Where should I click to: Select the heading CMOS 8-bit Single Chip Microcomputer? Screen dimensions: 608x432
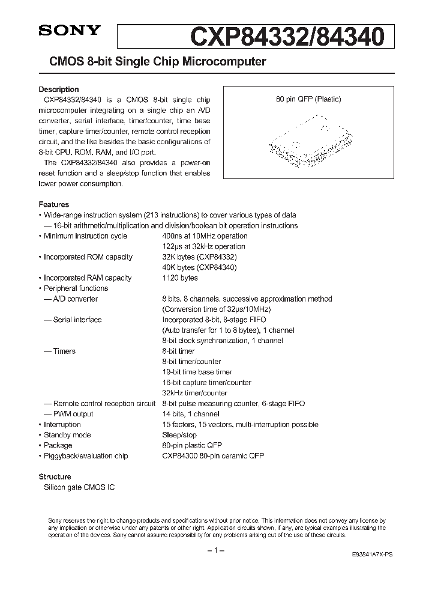[152, 61]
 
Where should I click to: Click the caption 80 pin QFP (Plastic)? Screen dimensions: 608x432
[308, 100]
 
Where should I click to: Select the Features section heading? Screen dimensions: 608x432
[53, 204]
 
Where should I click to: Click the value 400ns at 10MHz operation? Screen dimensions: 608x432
[205, 236]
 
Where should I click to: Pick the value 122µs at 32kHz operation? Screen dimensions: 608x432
[203, 246]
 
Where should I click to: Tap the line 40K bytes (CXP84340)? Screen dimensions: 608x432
[199, 267]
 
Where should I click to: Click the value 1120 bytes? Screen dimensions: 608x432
[179, 278]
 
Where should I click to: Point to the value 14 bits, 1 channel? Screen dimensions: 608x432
[190, 414]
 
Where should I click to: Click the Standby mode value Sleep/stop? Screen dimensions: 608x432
[179, 435]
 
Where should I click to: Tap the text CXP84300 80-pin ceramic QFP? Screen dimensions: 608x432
[212, 456]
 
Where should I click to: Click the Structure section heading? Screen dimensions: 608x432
[55, 476]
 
